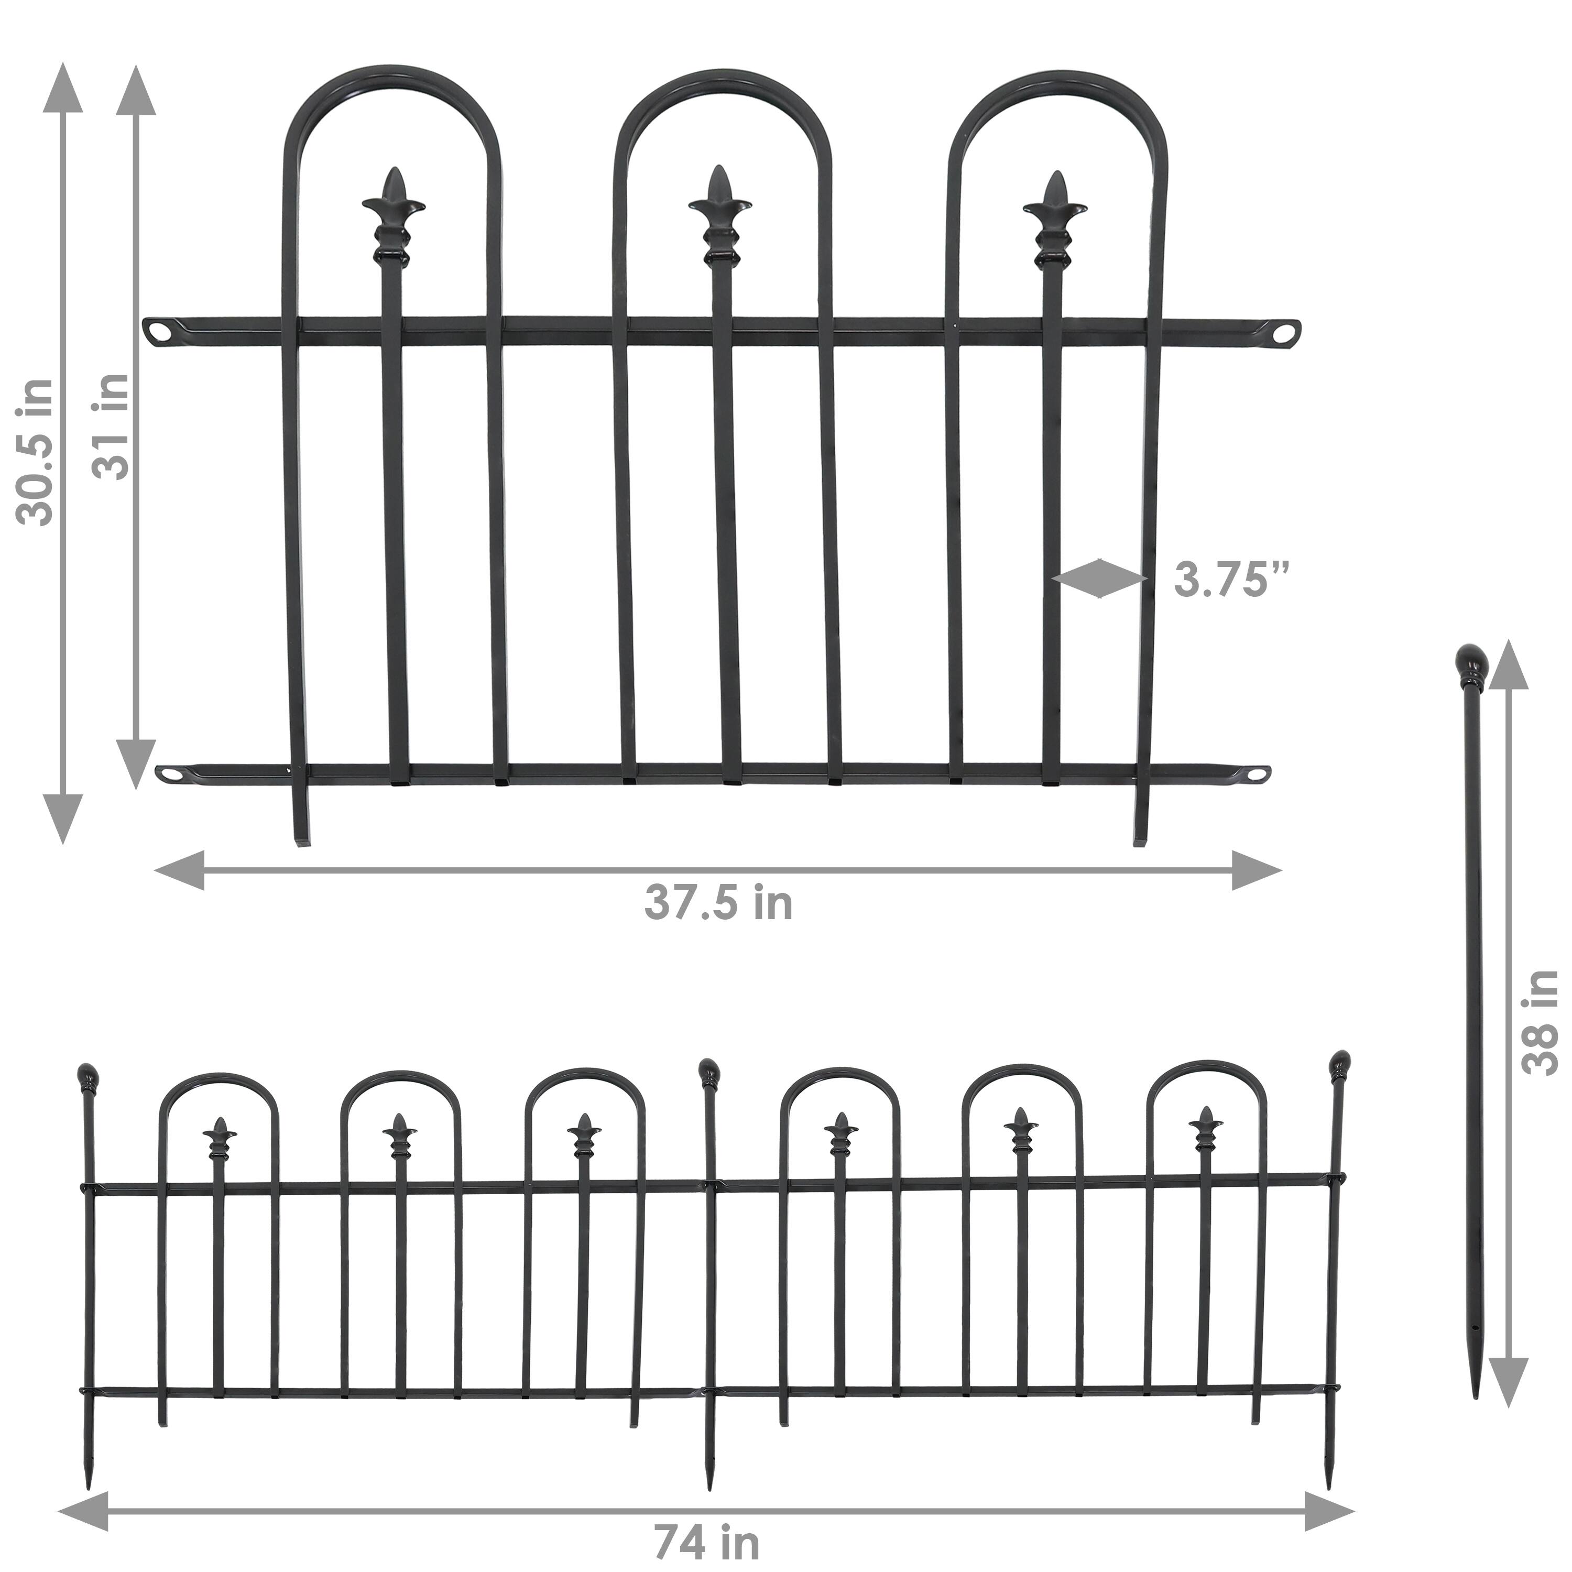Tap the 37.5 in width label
coord(718,903)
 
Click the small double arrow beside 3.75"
coord(1099,578)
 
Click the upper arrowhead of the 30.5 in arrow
coord(61,85)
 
